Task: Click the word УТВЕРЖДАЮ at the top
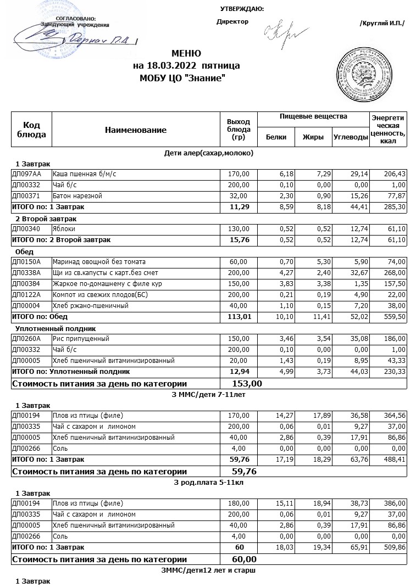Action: [242, 9]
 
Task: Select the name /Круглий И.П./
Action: [382, 23]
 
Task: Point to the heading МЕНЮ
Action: [186, 54]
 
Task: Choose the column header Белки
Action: [275, 137]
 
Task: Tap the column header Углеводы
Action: [351, 137]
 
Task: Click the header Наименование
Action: [135, 130]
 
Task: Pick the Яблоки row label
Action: [64, 229]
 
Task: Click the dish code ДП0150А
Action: [27, 262]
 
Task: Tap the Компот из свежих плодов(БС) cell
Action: [96, 295]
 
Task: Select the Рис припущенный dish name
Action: [79, 339]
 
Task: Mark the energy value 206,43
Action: [394, 174]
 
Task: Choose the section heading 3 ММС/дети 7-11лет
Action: [208, 394]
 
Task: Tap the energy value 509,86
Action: [394, 547]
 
